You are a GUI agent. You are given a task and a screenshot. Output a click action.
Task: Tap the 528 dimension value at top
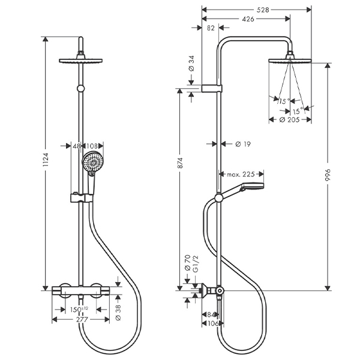pos(263,10)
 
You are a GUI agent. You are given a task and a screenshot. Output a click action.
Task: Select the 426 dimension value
pos(248,19)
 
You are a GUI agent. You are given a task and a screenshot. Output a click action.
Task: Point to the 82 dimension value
pos(211,28)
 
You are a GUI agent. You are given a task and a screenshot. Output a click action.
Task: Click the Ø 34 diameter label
pos(191,63)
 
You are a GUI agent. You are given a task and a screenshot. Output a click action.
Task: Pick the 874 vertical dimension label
pos(180,163)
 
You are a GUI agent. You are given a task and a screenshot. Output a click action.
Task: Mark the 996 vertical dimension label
pos(328,175)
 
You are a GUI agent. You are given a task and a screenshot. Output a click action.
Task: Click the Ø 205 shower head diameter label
pos(290,119)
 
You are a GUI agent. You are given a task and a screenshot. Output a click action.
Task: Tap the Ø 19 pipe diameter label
pos(243,144)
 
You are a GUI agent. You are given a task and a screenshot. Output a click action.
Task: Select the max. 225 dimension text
pos(241,175)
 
